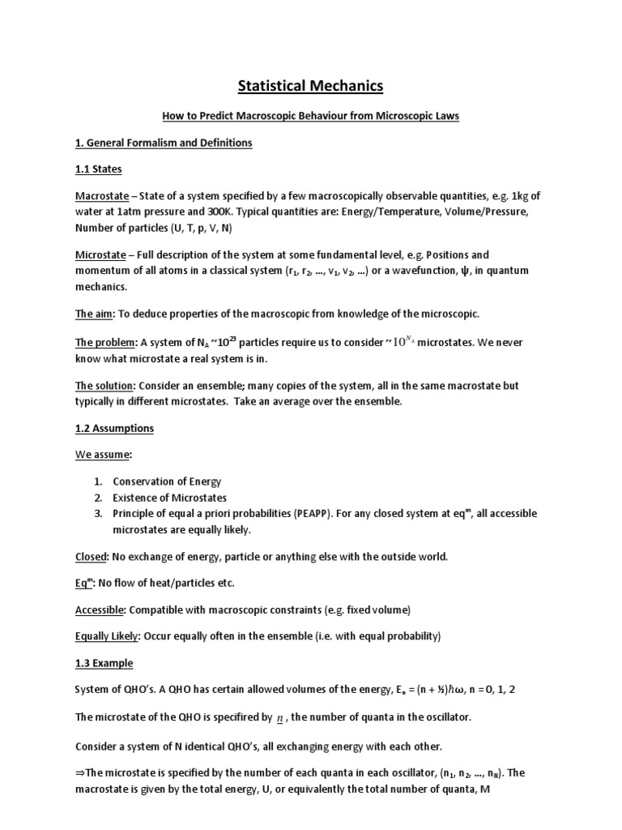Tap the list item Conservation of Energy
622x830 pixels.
click(167, 481)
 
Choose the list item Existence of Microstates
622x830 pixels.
click(169, 498)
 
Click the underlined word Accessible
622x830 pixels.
click(101, 610)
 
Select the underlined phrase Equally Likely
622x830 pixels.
click(108, 636)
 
